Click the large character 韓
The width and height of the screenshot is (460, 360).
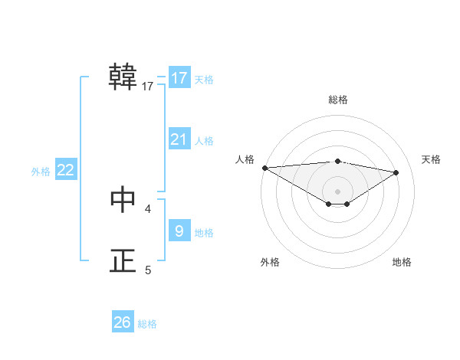(123, 77)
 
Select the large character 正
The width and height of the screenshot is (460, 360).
(123, 261)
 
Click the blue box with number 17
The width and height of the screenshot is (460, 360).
(179, 78)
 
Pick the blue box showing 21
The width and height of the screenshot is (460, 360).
(179, 139)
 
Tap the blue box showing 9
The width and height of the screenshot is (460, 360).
(179, 231)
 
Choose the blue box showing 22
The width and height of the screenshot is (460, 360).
(66, 170)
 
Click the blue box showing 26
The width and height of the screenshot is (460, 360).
(123, 322)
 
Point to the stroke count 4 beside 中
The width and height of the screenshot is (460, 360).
(148, 208)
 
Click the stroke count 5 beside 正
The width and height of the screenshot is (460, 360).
(148, 270)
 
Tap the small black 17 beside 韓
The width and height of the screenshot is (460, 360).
(148, 86)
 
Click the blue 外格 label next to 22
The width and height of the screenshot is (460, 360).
(41, 172)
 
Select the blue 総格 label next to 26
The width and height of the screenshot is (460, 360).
(147, 324)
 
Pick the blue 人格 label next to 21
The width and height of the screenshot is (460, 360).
(204, 141)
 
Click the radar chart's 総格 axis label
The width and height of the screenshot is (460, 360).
(337, 100)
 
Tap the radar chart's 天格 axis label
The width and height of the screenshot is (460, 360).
(432, 159)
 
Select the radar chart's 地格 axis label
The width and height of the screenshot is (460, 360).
(402, 262)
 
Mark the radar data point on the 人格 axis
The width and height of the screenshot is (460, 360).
(264, 168)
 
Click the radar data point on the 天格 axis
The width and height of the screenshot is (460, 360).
(396, 172)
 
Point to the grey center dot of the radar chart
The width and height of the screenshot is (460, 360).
(337, 191)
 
